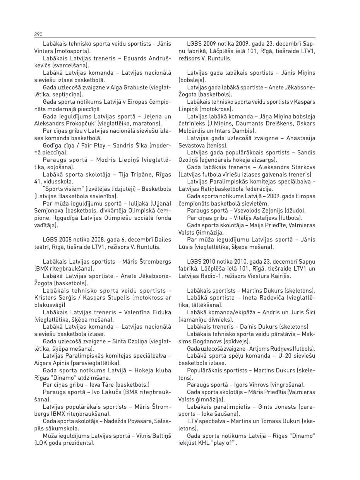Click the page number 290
tap(38, 34)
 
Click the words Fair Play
tap(82, 145)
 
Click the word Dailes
tap(162, 240)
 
